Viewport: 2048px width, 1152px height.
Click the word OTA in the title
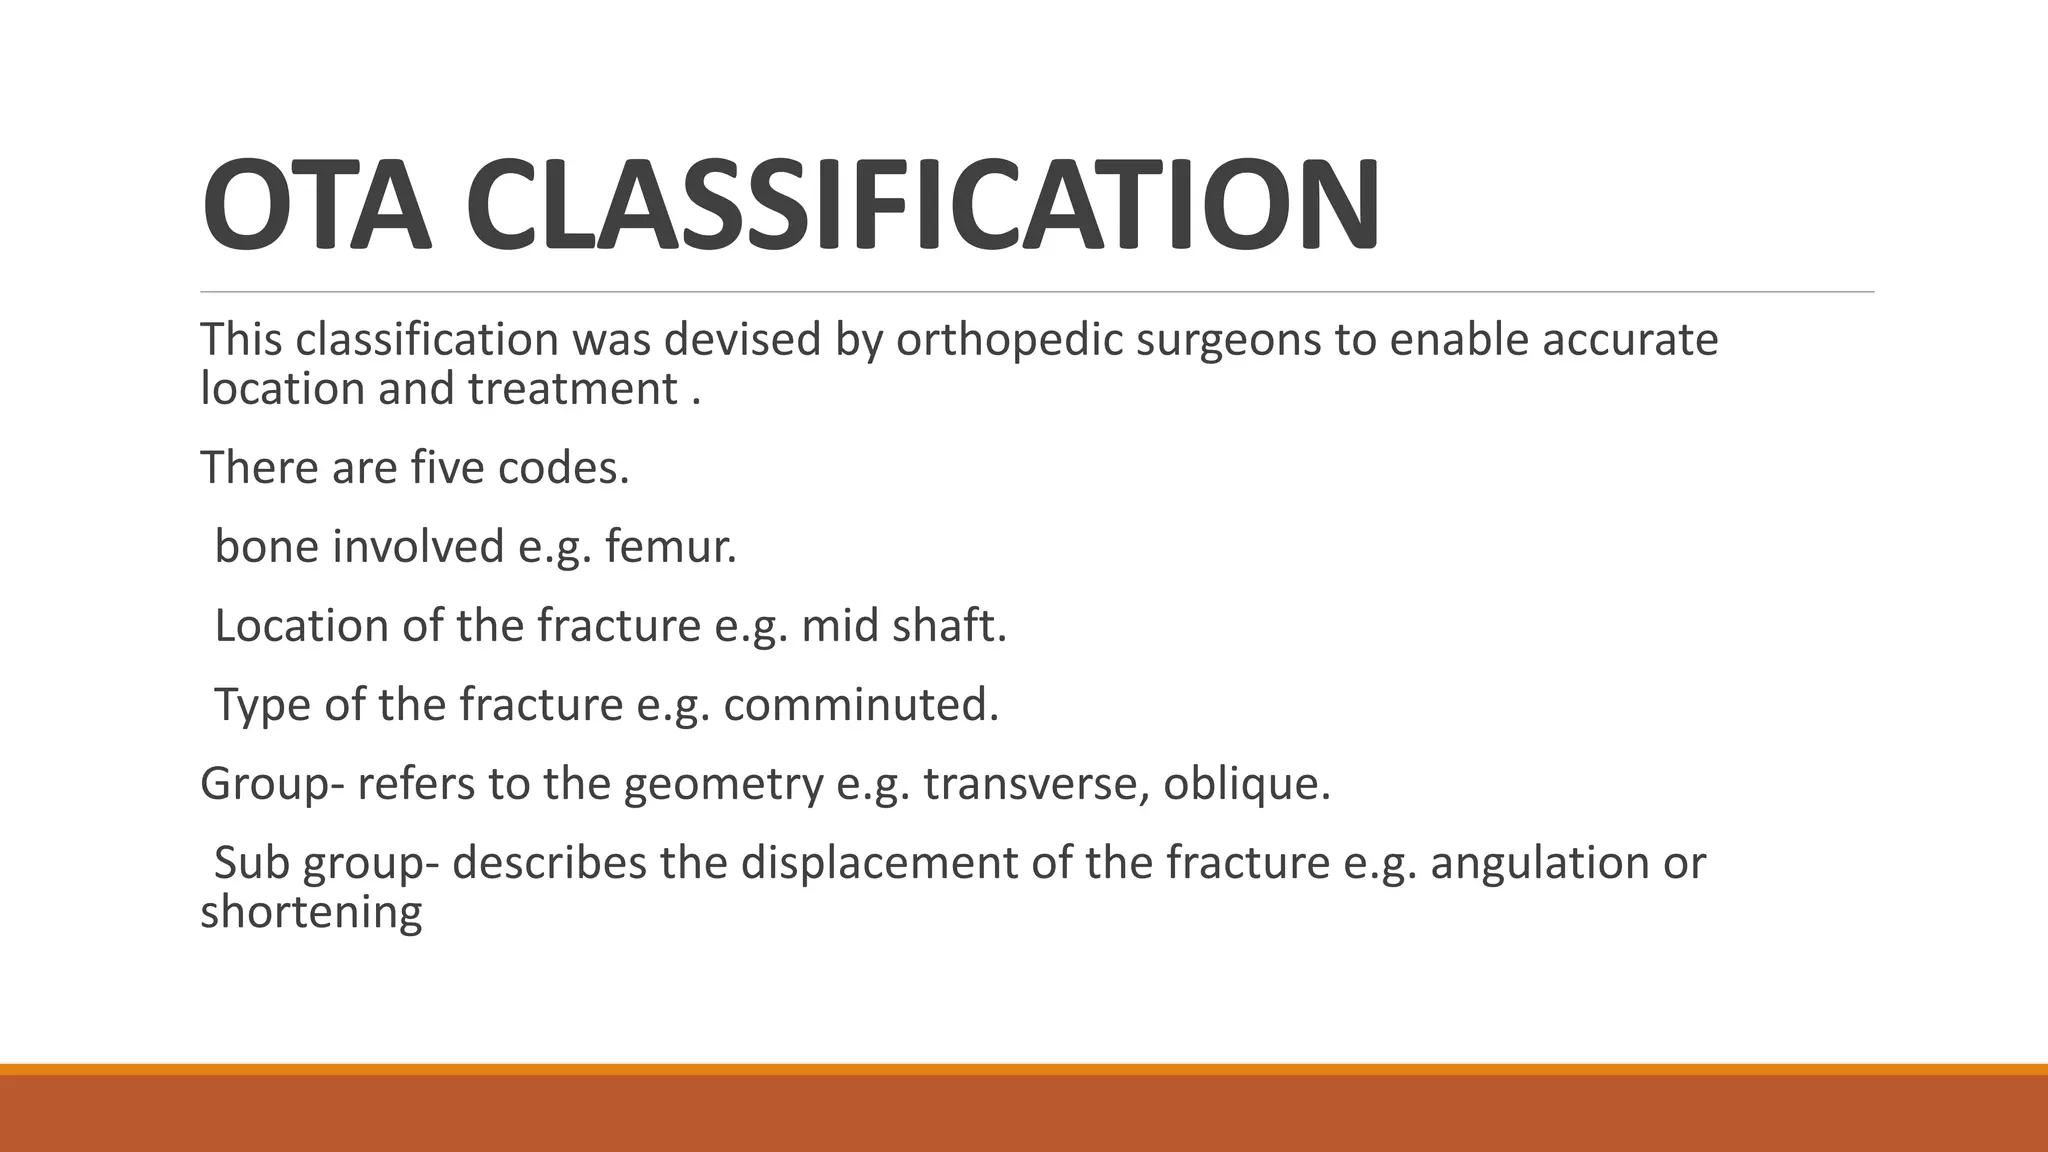[x=316, y=205]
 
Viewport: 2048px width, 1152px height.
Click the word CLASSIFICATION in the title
[x=922, y=205]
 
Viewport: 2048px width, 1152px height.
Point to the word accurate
[x=1629, y=339]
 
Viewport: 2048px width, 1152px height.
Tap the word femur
[x=670, y=546]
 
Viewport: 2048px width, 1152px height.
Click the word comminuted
[x=861, y=705]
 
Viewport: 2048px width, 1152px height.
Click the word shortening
[x=311, y=912]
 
